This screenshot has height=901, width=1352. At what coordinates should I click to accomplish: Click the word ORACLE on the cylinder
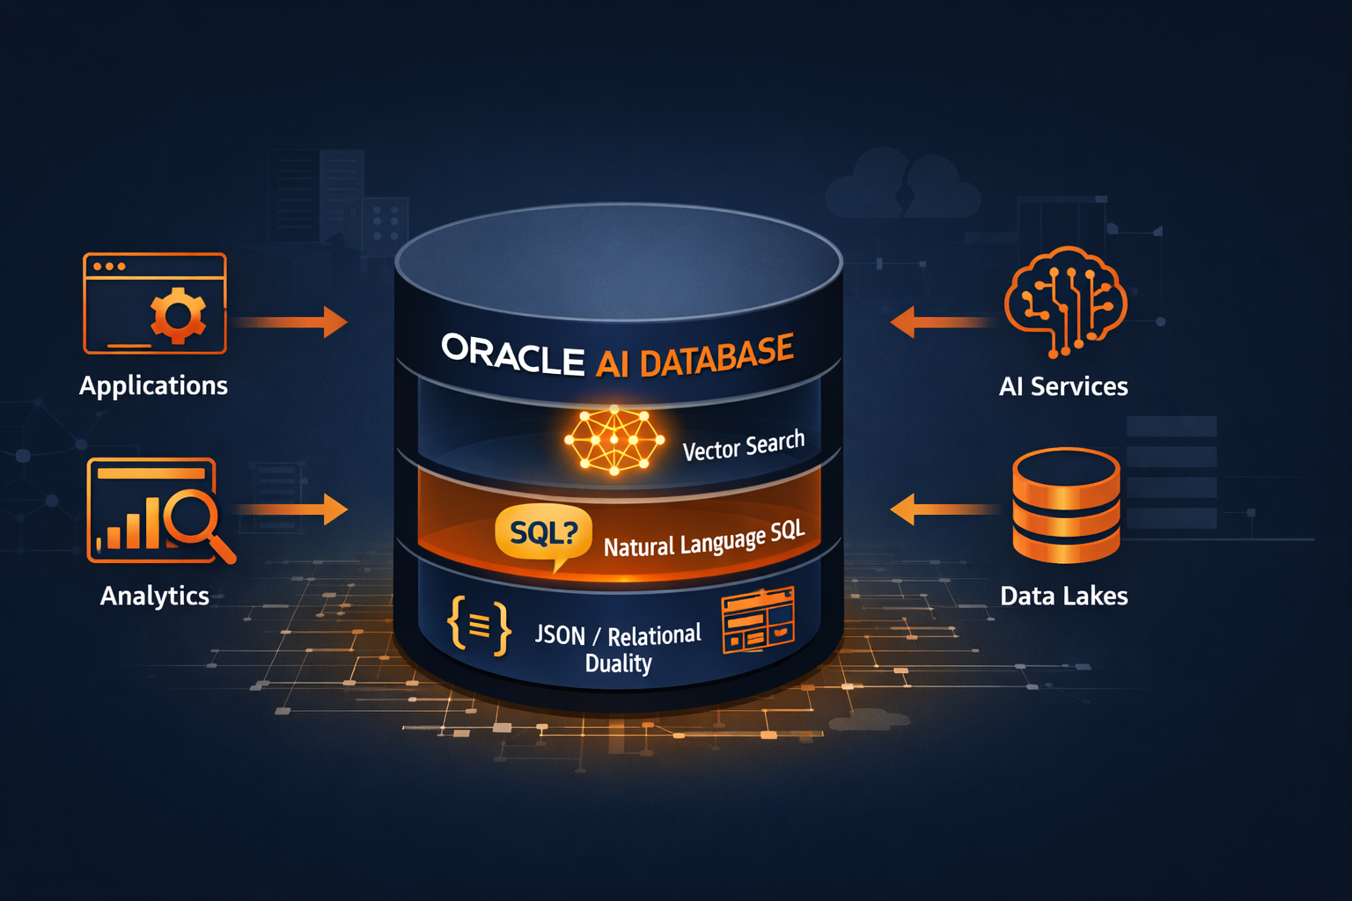pos(512,355)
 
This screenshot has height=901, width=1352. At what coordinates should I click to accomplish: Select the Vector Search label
pos(743,445)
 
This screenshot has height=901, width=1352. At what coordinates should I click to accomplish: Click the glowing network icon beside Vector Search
pos(614,440)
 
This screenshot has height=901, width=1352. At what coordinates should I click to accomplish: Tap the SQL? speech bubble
pos(543,532)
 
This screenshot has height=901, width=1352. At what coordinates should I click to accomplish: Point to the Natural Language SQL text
pos(704,539)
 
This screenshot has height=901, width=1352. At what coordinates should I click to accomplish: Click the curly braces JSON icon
pos(479,625)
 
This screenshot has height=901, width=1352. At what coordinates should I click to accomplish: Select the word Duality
pos(619,663)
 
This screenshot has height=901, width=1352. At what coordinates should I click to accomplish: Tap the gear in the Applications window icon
pos(178,315)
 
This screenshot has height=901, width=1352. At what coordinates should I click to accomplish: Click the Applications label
pos(153,385)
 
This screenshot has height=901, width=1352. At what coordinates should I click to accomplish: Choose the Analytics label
pos(155,596)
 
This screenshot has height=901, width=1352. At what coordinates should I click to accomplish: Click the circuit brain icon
pos(1065,299)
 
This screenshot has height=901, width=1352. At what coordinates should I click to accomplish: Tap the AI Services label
pos(1063,386)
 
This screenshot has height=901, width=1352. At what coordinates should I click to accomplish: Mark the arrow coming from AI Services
pos(942,322)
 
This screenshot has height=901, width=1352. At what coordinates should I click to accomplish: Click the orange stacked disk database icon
pos(1066,505)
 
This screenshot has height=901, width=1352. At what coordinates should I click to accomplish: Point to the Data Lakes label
pos(1064,596)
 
